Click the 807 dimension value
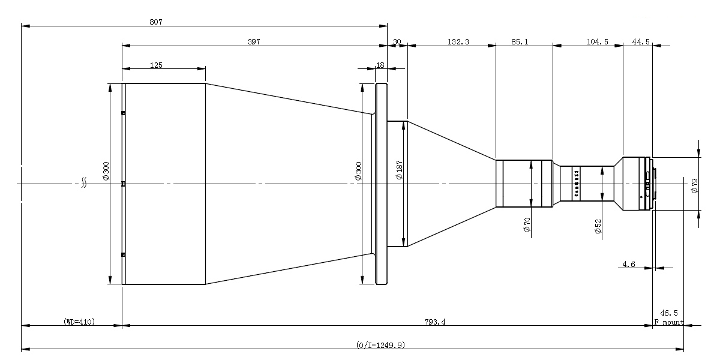(156, 22)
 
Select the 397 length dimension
(254, 41)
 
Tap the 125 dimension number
(156, 65)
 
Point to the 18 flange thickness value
(380, 65)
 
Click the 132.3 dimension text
(458, 41)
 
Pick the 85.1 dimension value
(520, 41)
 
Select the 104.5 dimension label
(597, 41)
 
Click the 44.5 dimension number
(641, 41)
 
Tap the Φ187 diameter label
(399, 170)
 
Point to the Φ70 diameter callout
(527, 224)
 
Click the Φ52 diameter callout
(598, 226)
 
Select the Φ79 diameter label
(694, 186)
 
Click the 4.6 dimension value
(629, 264)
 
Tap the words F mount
(669, 322)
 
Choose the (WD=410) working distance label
(79, 322)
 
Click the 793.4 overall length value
(435, 322)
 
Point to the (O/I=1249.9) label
(380, 345)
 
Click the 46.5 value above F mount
(669, 313)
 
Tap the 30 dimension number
(397, 42)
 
